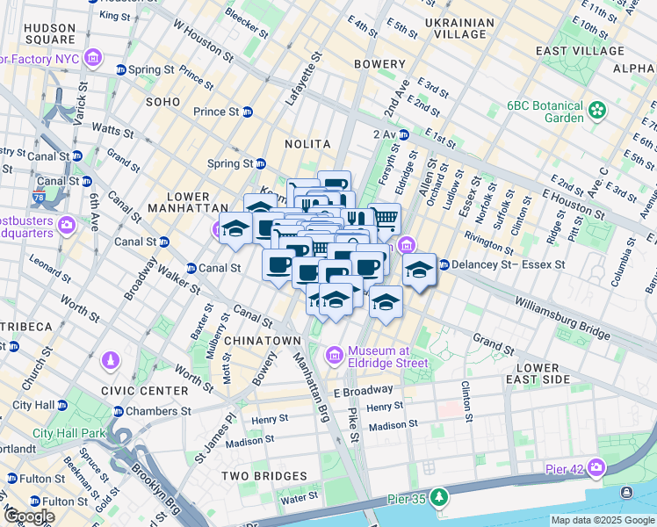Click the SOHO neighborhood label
coord(162,102)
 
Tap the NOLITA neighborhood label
coord(307,143)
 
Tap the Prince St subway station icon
coord(248,112)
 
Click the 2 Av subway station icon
coord(405,134)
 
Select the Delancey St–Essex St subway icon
coord(444,263)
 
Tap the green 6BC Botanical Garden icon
coord(597,110)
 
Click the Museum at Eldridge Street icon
coord(334,356)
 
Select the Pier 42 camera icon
coord(597,466)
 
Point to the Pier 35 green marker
coord(437,498)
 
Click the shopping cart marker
coord(383,217)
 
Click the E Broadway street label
coord(363,390)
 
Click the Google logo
coord(29,516)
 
